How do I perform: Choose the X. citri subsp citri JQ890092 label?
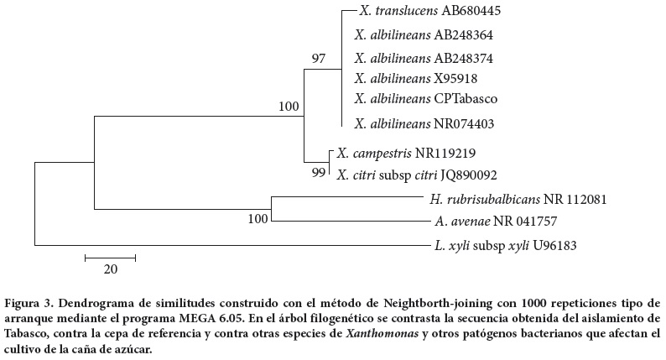[x=417, y=175]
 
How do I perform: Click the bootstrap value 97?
[x=318, y=59]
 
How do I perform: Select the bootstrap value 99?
[x=318, y=174]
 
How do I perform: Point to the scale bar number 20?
[x=111, y=269]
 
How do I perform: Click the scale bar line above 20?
[x=110, y=256]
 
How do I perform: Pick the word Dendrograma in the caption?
[x=103, y=301]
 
